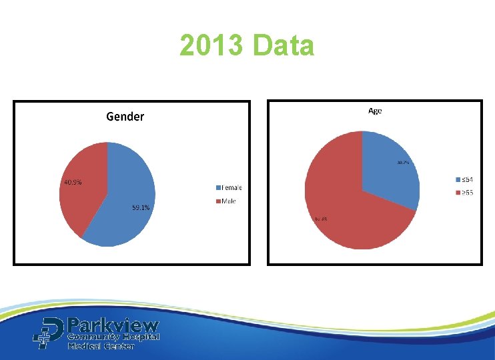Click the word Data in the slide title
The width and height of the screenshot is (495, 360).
(x=284, y=47)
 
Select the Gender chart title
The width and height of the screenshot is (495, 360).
(x=125, y=117)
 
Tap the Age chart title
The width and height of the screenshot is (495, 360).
(x=375, y=111)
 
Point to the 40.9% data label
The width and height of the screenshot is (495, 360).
(x=73, y=183)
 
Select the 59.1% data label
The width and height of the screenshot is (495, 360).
(x=140, y=207)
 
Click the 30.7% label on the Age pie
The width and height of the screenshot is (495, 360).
(x=403, y=162)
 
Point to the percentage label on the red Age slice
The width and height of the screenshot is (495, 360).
(x=320, y=218)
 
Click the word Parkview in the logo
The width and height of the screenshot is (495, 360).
(x=113, y=326)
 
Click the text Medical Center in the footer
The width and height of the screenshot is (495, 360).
(x=101, y=346)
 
